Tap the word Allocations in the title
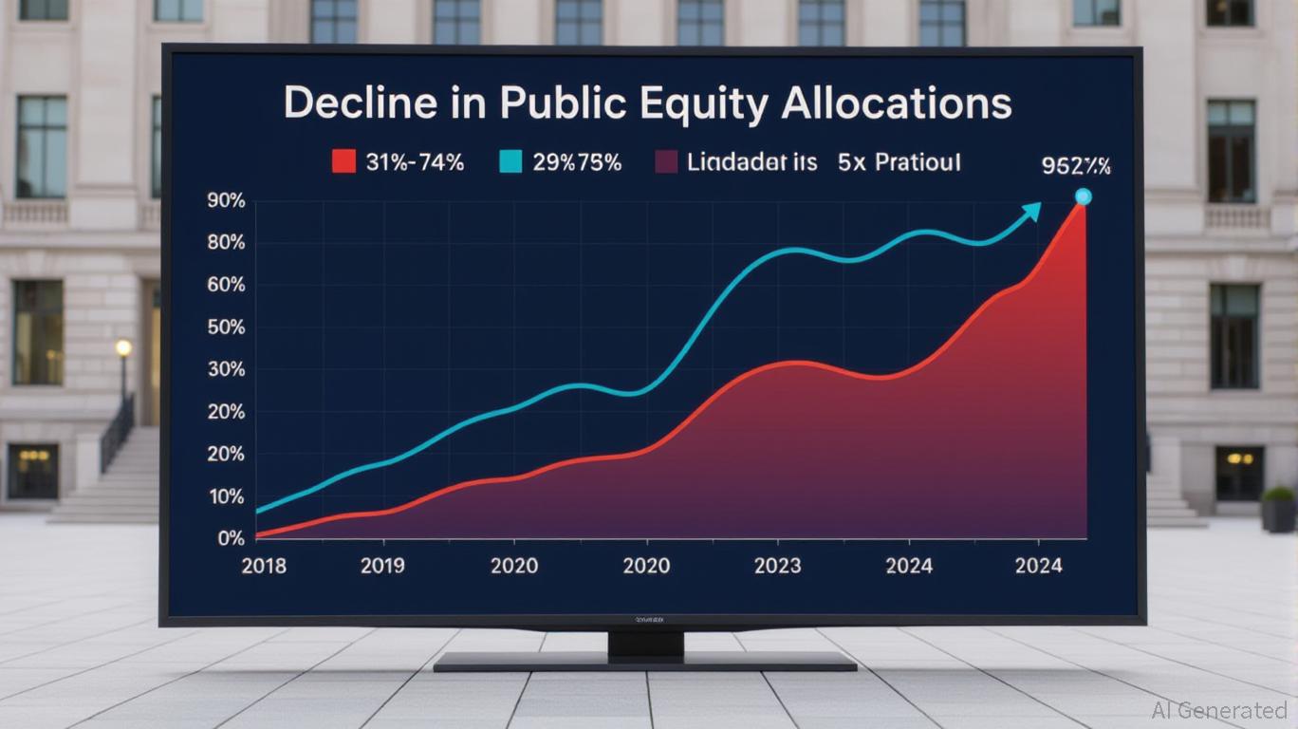pyautogui.click(x=896, y=104)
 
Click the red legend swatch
pyautogui.click(x=343, y=162)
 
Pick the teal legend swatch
pyautogui.click(x=510, y=162)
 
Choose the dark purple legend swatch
pyautogui.click(x=667, y=162)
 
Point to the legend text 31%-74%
pyautogui.click(x=415, y=162)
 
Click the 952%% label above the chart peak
pyautogui.click(x=1076, y=167)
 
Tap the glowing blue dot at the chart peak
pyautogui.click(x=1083, y=197)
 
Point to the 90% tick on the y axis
pyautogui.click(x=225, y=201)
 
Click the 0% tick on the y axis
pyautogui.click(x=231, y=538)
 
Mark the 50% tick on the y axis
pyautogui.click(x=225, y=327)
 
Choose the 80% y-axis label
pyautogui.click(x=225, y=243)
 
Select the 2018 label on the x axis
pyautogui.click(x=265, y=567)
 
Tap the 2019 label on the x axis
pyautogui.click(x=382, y=567)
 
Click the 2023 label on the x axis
pyautogui.click(x=778, y=567)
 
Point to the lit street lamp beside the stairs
pyautogui.click(x=123, y=348)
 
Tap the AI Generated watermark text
pyautogui.click(x=1219, y=710)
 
